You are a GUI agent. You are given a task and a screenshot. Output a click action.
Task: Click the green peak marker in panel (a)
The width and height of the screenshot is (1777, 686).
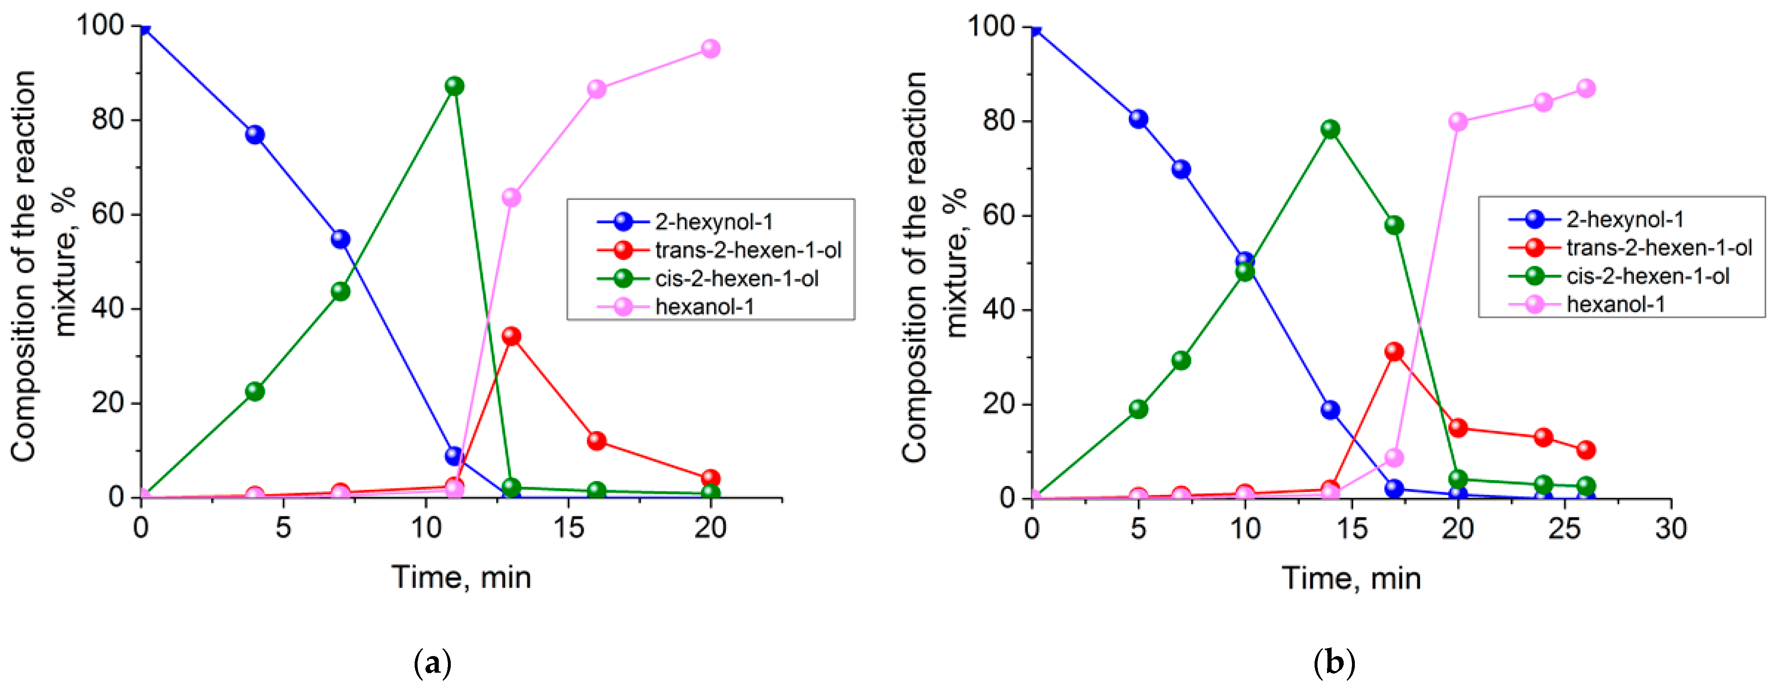(454, 86)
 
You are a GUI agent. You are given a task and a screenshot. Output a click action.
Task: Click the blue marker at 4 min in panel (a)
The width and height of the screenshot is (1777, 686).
(255, 135)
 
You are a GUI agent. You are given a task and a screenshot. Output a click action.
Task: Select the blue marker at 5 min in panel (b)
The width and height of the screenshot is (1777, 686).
(1138, 119)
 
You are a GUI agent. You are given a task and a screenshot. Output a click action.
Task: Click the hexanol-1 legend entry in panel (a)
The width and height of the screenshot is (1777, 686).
(704, 306)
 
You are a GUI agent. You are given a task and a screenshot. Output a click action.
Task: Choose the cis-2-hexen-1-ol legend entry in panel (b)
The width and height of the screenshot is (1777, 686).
(1647, 276)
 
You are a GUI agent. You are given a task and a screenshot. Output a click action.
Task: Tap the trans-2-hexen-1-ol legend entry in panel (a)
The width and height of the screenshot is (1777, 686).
(748, 250)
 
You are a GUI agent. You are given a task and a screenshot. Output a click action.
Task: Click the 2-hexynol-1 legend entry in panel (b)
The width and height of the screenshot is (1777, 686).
(1624, 220)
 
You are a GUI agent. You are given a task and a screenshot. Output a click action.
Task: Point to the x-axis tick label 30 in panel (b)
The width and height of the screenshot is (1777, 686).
(1671, 529)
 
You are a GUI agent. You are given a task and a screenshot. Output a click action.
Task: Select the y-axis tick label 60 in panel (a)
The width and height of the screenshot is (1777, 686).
(108, 214)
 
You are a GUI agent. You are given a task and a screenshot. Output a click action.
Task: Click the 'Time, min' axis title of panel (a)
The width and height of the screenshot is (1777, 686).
(462, 577)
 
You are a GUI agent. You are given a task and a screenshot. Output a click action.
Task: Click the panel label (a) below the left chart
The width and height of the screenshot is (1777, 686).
(433, 663)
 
